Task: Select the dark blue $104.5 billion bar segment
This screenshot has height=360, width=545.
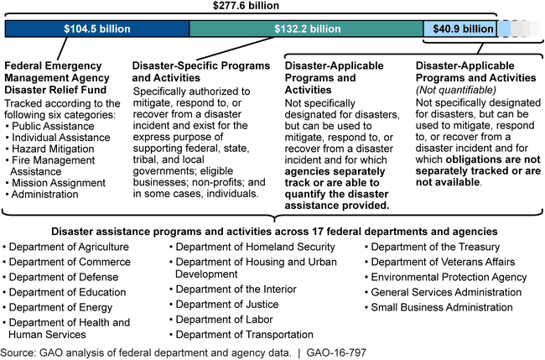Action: pyautogui.click(x=97, y=29)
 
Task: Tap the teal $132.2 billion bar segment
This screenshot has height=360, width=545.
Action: pyautogui.click(x=306, y=29)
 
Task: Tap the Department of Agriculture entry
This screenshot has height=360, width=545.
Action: pyautogui.click(x=70, y=247)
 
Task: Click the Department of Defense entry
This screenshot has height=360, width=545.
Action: pyautogui.click(x=65, y=277)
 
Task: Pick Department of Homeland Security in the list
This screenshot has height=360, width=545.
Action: pyautogui.click(x=256, y=247)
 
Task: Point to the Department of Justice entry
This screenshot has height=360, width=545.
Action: pyautogui.click(x=229, y=304)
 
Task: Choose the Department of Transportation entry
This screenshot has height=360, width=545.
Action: pyautogui.click(x=245, y=334)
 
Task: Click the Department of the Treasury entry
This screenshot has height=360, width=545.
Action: pyautogui.click(x=435, y=247)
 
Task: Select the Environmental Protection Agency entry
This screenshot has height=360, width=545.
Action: pyautogui.click(x=449, y=276)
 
